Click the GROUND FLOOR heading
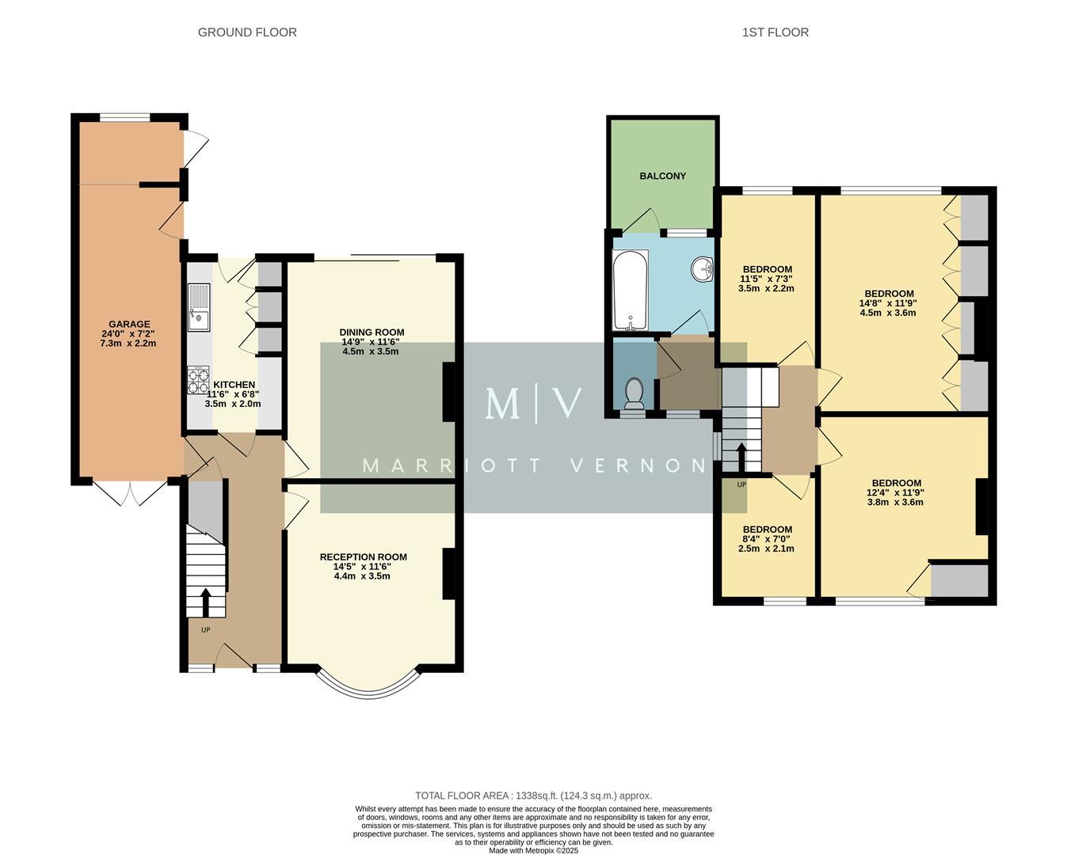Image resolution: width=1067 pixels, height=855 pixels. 247,32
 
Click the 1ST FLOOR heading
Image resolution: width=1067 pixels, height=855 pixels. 775,32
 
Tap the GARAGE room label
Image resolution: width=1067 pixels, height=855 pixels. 129,324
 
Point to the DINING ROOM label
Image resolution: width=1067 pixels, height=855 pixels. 372,332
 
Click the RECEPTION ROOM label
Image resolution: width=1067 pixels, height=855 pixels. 363,557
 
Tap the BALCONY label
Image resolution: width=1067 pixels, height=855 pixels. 662,176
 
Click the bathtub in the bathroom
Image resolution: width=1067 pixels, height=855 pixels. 631,290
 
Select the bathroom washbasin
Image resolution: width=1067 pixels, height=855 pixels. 701,270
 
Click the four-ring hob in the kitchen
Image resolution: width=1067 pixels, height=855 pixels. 198,381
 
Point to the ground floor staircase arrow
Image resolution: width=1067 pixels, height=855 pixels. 206,602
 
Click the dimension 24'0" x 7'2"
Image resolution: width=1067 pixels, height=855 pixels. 129,334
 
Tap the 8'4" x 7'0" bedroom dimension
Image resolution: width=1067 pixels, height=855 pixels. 766,539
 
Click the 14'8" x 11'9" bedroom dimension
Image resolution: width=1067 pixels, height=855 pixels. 887,302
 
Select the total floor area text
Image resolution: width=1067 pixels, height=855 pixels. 533,796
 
